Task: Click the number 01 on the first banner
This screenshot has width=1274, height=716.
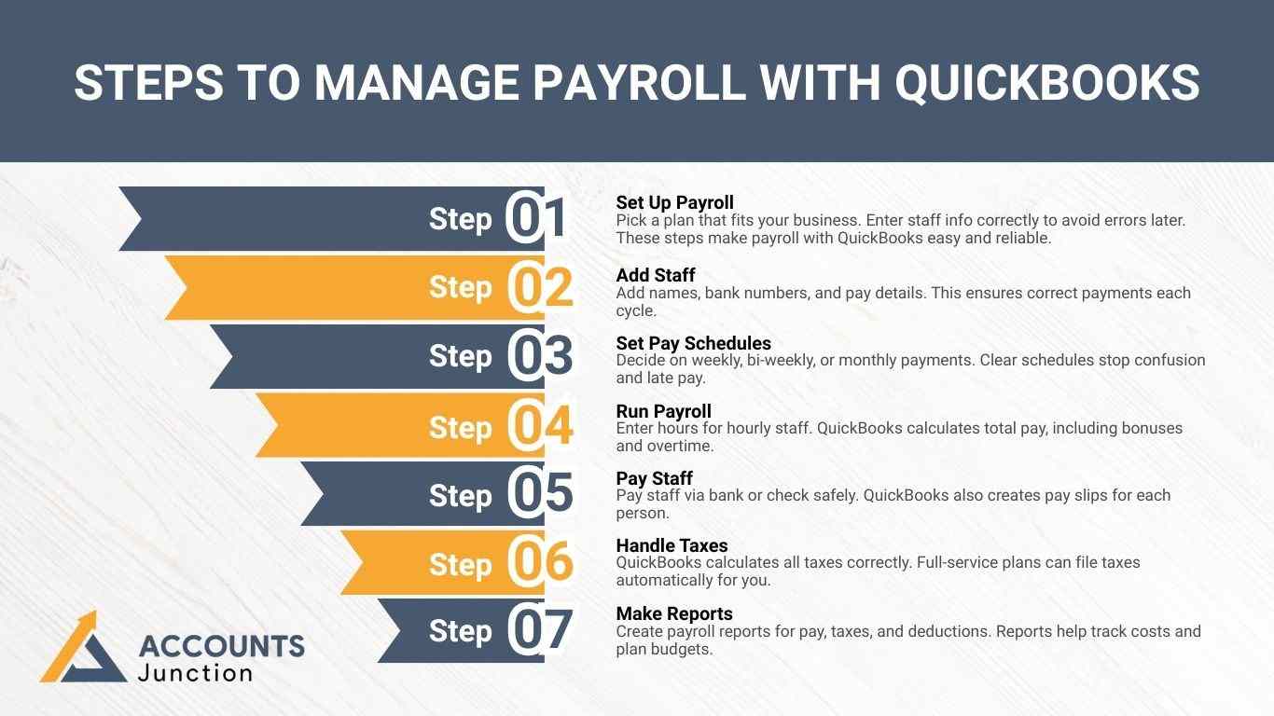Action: tap(537, 218)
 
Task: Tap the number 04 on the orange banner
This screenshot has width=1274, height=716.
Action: tap(541, 426)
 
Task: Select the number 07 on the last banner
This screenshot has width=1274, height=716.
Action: tap(541, 630)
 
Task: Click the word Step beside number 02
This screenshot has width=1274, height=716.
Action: tap(460, 287)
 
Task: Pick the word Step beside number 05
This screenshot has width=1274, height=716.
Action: tap(460, 495)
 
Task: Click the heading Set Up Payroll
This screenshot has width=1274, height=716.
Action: tap(674, 202)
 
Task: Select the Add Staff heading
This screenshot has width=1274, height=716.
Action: tap(656, 275)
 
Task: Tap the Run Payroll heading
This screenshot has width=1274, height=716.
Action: tap(663, 411)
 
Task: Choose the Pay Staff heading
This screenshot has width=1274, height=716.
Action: tap(654, 479)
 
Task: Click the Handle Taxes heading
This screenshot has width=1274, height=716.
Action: tap(672, 545)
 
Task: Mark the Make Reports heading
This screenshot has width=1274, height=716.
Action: tap(673, 613)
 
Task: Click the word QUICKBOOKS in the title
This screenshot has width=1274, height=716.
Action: tap(1047, 82)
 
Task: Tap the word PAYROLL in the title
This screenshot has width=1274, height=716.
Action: tap(638, 82)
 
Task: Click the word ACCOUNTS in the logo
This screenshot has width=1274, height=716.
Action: tap(221, 646)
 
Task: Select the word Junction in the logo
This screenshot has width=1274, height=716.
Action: tap(195, 672)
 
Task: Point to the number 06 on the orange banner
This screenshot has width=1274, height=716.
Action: tap(541, 562)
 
